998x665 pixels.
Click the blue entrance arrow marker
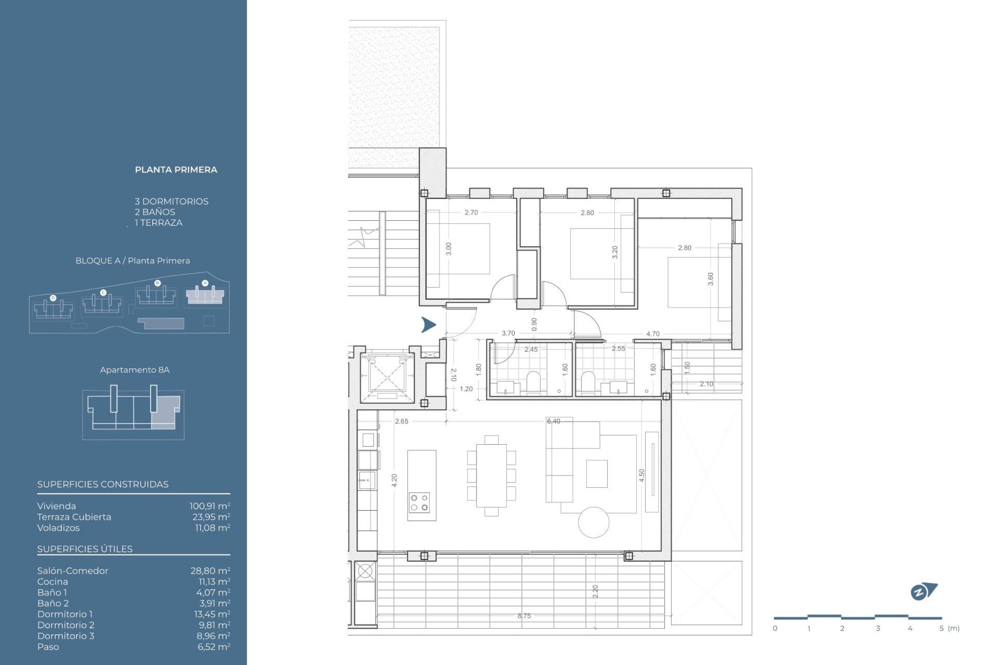(428, 325)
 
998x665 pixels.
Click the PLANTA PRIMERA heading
(176, 170)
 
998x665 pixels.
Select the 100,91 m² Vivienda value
(209, 506)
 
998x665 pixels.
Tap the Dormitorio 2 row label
(65, 625)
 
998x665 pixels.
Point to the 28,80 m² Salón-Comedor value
(210, 570)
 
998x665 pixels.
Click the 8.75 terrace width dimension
(524, 616)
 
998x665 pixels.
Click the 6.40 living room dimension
(554, 421)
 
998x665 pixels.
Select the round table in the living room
(594, 522)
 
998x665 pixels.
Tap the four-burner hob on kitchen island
(419, 502)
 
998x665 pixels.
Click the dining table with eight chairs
(492, 475)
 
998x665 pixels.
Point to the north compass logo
(923, 591)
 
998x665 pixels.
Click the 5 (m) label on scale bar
(949, 629)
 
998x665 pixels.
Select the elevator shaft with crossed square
(387, 375)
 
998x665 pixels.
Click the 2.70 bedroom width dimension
(471, 212)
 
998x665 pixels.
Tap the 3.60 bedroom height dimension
(711, 279)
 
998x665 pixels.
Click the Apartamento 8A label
(135, 370)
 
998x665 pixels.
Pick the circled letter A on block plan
(205, 283)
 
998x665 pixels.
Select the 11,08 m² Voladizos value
(212, 528)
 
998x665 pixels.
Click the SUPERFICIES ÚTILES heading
(85, 549)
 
